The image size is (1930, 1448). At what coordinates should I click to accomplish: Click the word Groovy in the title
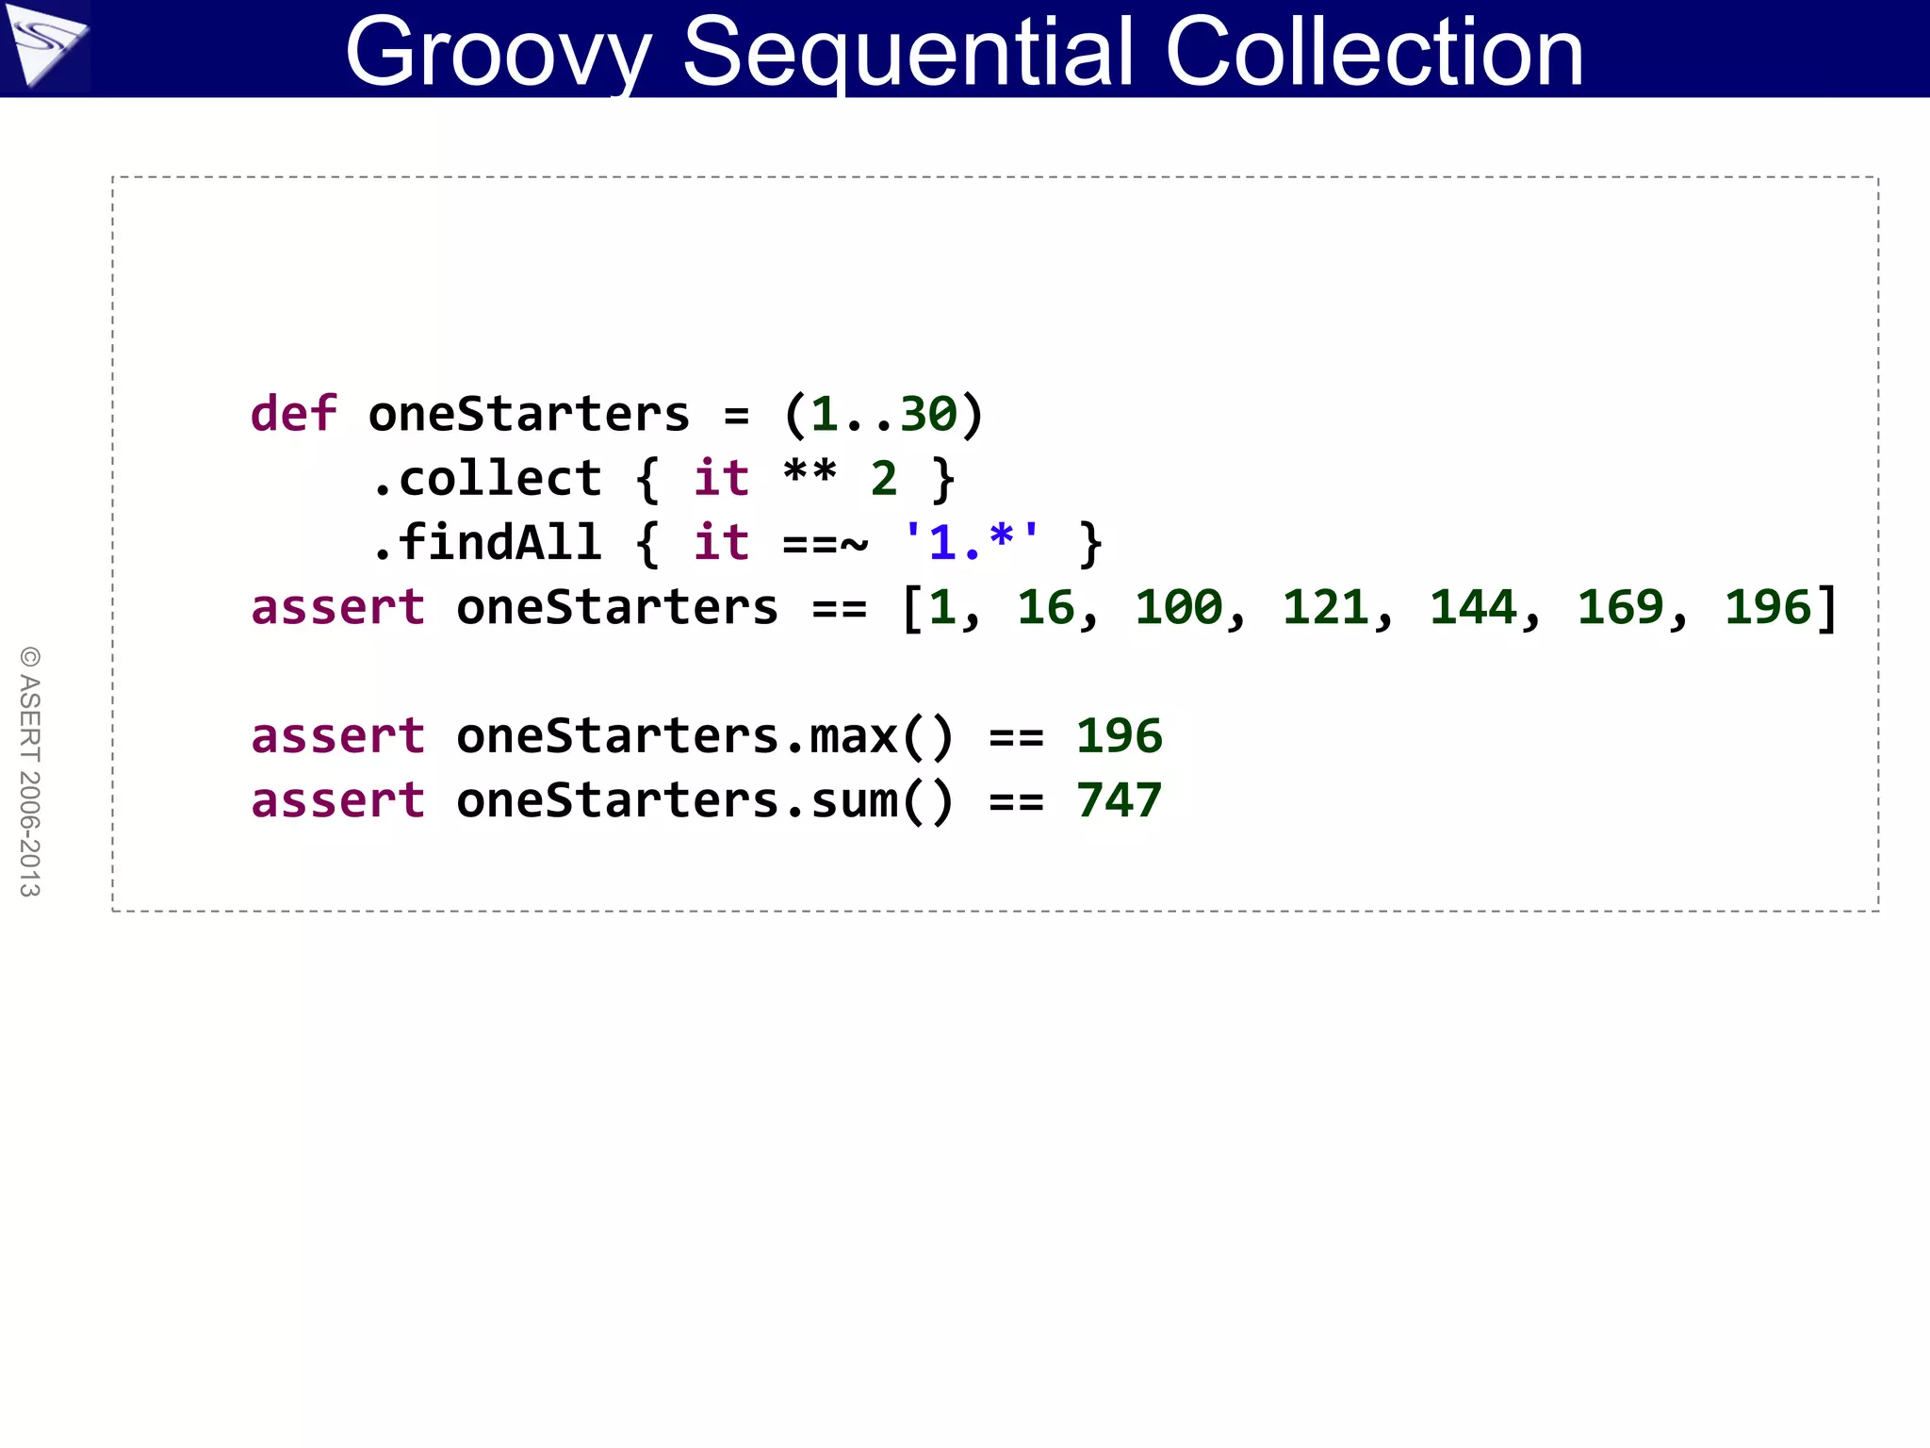[499, 53]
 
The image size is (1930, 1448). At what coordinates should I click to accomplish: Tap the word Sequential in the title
[908, 53]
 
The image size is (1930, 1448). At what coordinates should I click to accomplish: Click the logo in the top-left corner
[44, 45]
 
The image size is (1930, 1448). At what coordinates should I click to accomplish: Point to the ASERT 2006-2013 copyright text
[30, 771]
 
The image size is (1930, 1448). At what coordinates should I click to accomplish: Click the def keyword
[293, 415]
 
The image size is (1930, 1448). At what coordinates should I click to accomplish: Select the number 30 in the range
[928, 415]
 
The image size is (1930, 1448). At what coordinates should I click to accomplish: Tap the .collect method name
[486, 479]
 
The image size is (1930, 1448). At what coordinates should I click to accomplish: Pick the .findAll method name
[486, 543]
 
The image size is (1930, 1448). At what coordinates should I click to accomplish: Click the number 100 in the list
[1178, 608]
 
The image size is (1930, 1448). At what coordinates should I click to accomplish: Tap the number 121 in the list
[1325, 608]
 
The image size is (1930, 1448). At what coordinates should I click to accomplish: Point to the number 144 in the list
[1472, 608]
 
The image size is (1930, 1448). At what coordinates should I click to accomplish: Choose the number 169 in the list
[1620, 608]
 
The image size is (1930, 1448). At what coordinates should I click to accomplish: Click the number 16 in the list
[1045, 608]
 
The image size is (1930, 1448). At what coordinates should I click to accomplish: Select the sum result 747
[1119, 801]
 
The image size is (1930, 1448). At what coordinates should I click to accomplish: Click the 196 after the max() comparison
[1119, 736]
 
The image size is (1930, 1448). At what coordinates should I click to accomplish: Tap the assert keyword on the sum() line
[337, 801]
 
